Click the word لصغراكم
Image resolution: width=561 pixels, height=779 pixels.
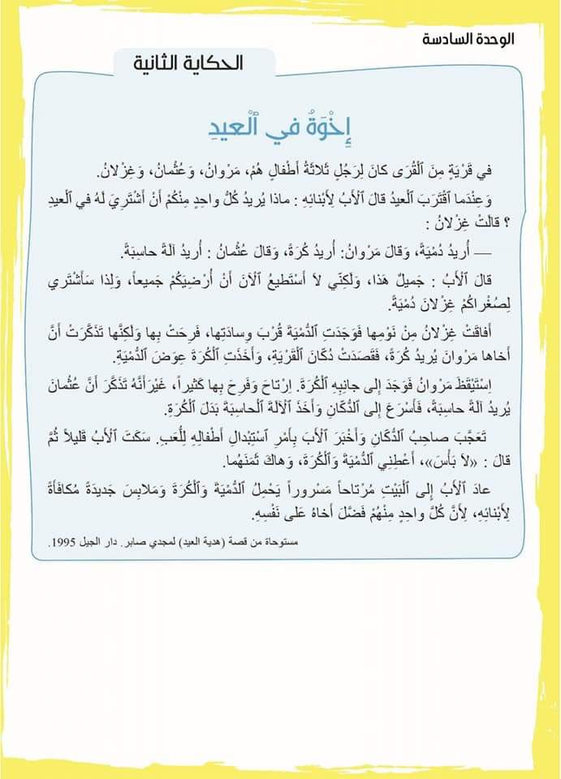474,303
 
